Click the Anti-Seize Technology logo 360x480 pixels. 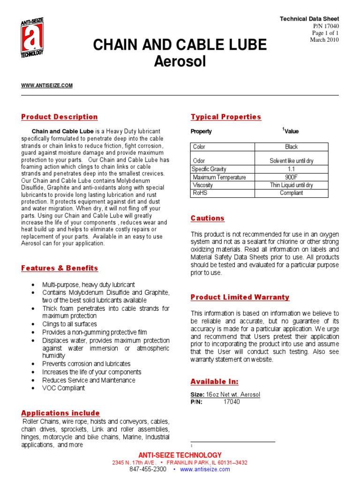click(x=32, y=38)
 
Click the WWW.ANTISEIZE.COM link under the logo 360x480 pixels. click(x=47, y=85)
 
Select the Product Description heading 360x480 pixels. click(x=60, y=117)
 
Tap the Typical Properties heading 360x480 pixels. click(x=225, y=117)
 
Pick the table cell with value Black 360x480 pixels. click(x=291, y=147)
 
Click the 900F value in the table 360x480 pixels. click(x=291, y=177)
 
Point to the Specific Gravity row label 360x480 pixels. click(x=209, y=169)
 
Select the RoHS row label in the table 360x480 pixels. click(x=200, y=193)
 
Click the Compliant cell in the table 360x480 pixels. click(x=291, y=193)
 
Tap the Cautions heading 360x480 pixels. click(x=207, y=218)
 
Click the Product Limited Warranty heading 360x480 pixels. click(x=240, y=297)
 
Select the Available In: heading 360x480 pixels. click(x=214, y=381)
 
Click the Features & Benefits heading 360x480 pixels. click(x=60, y=268)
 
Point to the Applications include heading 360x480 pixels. click(x=60, y=413)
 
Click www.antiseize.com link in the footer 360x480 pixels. click(x=205, y=469)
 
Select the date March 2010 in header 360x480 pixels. click(x=324, y=40)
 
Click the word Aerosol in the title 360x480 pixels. click(x=180, y=61)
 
